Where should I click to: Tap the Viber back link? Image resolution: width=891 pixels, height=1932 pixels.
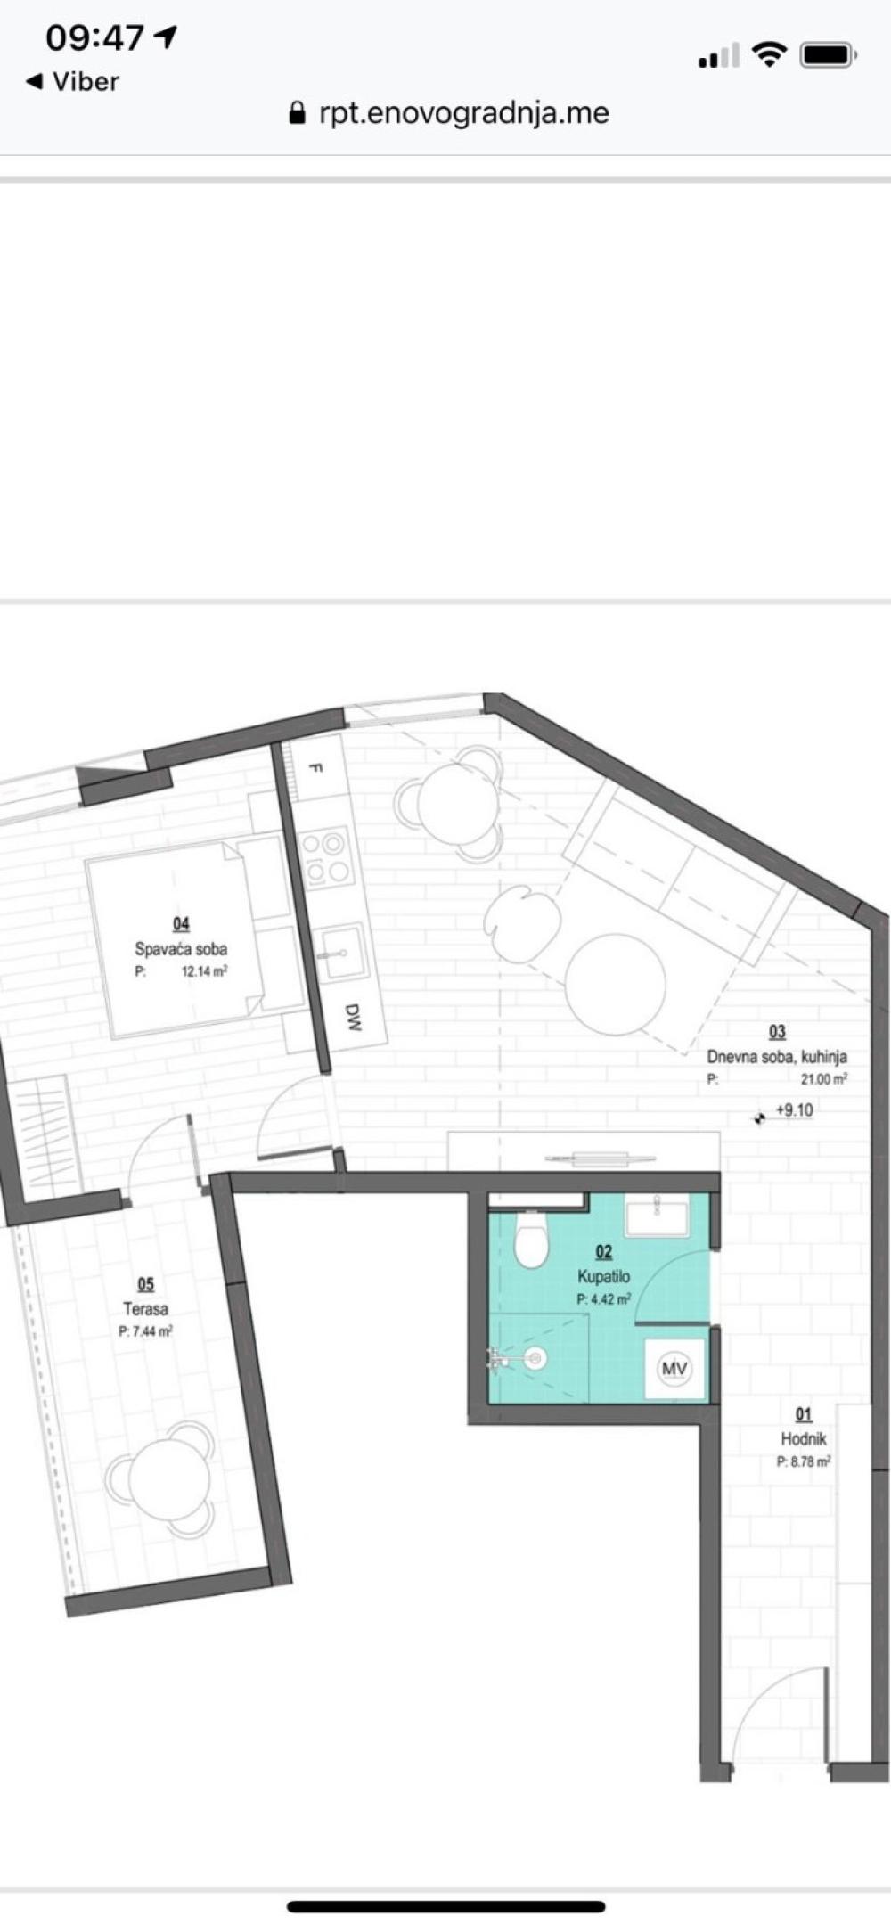click(x=72, y=82)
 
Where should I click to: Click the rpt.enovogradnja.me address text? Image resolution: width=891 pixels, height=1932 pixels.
click(x=463, y=113)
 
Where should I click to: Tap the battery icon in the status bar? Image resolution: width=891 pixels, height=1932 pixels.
click(x=828, y=56)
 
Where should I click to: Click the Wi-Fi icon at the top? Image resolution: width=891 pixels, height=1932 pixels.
click(x=768, y=55)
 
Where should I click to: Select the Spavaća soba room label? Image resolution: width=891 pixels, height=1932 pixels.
click(x=181, y=949)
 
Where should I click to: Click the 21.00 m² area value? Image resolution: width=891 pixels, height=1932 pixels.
click(x=824, y=1078)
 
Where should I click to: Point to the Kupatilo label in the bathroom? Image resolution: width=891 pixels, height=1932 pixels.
click(x=603, y=1277)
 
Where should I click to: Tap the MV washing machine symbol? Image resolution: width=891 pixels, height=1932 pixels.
click(x=674, y=1368)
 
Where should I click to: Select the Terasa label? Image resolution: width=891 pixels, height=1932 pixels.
click(x=145, y=1309)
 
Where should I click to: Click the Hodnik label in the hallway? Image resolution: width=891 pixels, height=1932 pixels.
click(x=804, y=1438)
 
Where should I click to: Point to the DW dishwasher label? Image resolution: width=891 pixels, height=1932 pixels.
click(x=353, y=1017)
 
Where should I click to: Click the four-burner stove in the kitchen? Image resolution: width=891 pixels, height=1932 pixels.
click(x=325, y=857)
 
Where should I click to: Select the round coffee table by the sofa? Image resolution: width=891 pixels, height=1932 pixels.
click(x=616, y=984)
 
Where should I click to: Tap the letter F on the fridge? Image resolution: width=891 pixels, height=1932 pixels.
click(x=314, y=768)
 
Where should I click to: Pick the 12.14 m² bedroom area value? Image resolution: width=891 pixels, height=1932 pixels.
click(x=204, y=971)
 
